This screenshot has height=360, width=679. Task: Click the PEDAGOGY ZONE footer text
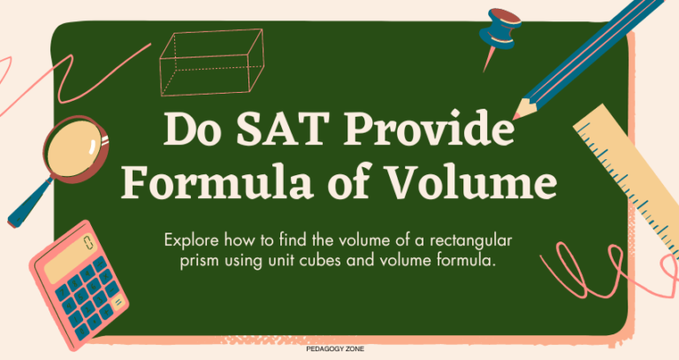tap(339, 349)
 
